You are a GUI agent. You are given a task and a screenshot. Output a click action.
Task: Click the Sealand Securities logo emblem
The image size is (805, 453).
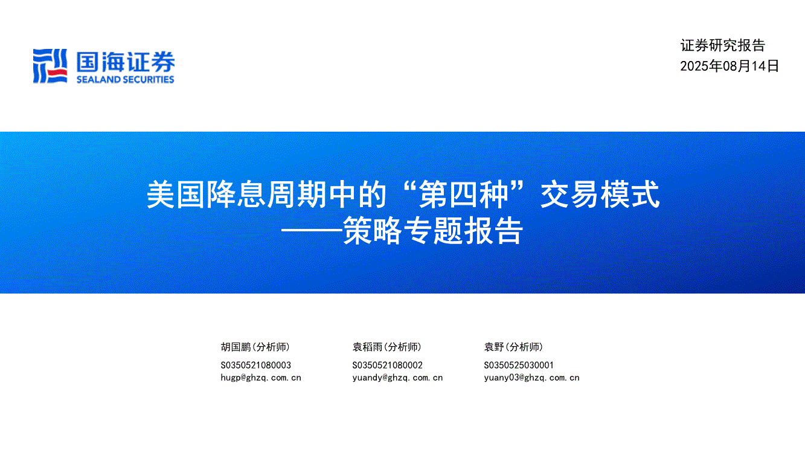(x=50, y=66)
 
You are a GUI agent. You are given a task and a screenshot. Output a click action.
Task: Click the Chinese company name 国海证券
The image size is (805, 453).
(x=126, y=62)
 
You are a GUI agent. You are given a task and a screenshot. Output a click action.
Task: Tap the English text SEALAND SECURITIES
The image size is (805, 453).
(x=126, y=80)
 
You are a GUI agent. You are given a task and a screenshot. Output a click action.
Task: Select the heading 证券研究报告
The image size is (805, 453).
(x=723, y=46)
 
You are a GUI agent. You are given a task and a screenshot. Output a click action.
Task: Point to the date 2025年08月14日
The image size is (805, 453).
(x=730, y=66)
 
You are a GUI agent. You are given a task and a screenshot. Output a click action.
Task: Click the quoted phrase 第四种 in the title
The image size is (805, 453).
(x=464, y=194)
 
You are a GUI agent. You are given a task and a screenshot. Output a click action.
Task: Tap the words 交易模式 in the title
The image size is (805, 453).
(x=600, y=194)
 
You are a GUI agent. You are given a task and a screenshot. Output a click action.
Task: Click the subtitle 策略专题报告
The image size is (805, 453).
(x=432, y=231)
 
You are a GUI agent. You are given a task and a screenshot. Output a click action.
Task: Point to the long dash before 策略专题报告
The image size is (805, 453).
(x=312, y=231)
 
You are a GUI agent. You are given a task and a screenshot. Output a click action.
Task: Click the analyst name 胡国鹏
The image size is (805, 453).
(x=236, y=347)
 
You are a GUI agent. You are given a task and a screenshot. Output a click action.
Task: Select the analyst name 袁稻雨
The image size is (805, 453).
(x=367, y=347)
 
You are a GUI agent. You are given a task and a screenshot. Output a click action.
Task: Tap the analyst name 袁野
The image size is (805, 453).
(x=494, y=347)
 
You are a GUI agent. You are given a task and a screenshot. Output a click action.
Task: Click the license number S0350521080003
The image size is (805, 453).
(x=255, y=365)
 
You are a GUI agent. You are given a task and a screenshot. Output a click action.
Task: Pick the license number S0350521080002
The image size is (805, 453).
(x=388, y=365)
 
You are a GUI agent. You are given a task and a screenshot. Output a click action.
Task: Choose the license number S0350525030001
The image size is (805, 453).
(x=519, y=365)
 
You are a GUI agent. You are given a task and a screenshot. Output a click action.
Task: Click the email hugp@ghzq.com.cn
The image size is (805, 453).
(x=261, y=378)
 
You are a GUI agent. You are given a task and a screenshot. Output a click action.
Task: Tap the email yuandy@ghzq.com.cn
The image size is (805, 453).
(x=397, y=378)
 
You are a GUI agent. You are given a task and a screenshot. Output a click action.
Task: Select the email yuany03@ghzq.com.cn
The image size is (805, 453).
(x=531, y=378)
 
